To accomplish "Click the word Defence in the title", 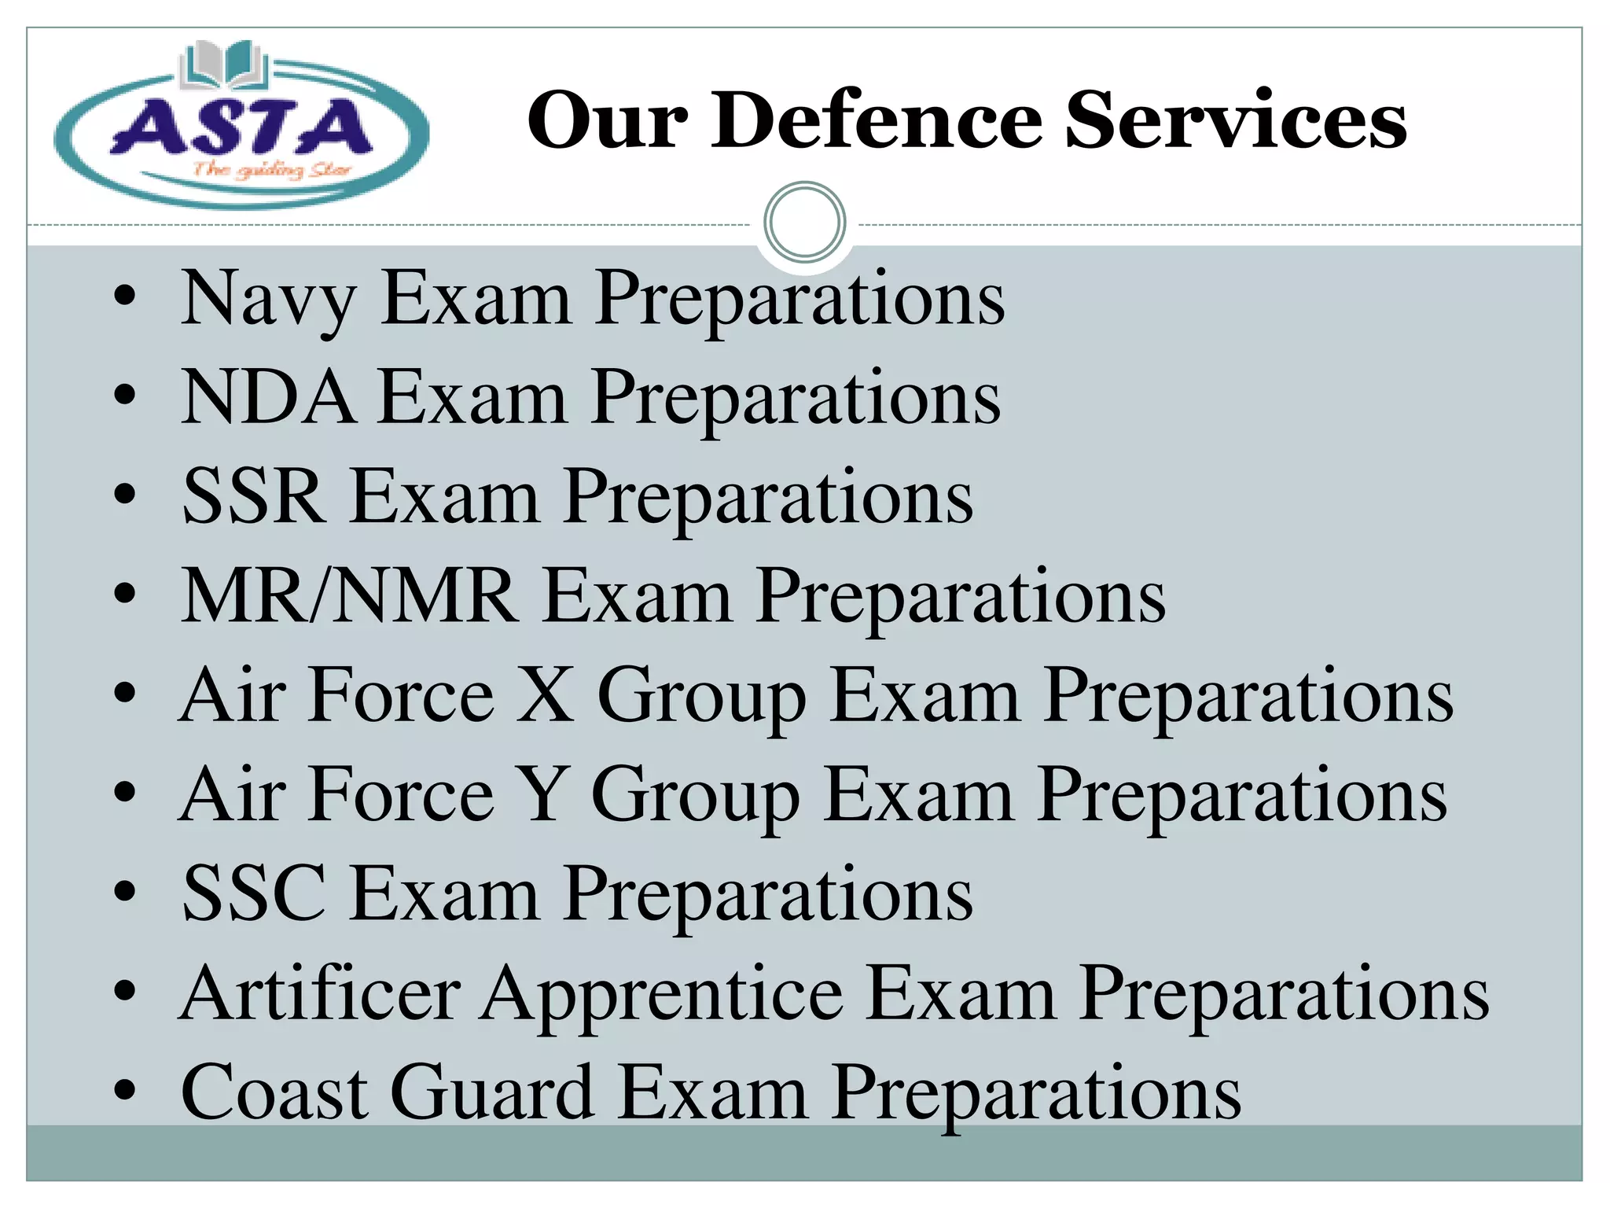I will click(x=877, y=120).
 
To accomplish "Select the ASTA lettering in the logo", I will click(x=241, y=127).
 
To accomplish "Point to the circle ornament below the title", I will click(x=804, y=223).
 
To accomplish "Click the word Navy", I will click(x=268, y=300).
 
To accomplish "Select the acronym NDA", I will click(x=266, y=398).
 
